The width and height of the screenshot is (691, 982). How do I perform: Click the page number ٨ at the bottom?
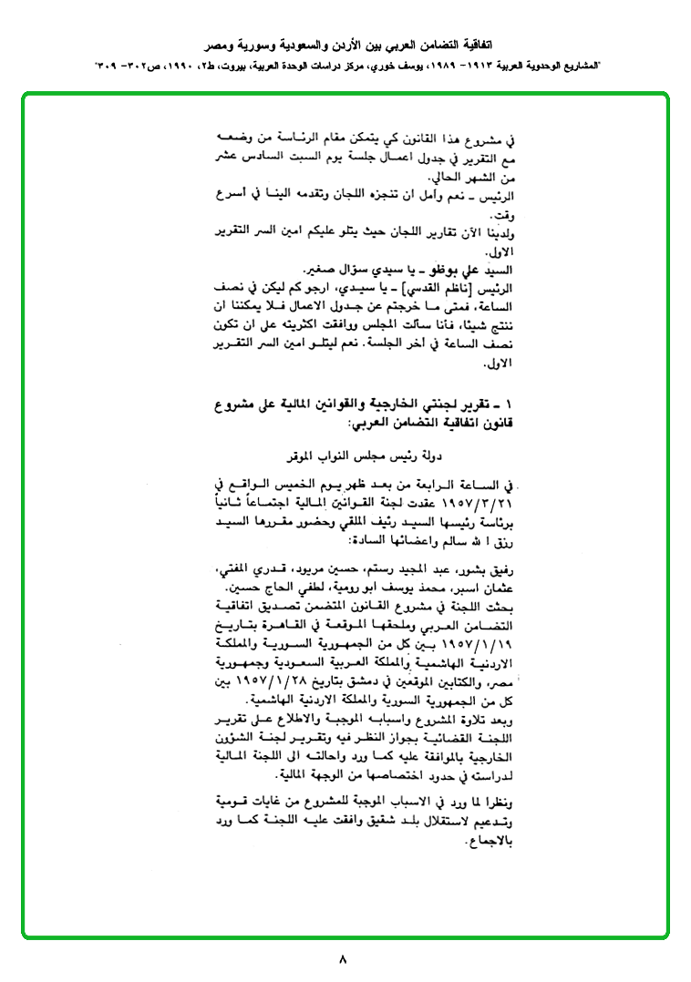[343, 958]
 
